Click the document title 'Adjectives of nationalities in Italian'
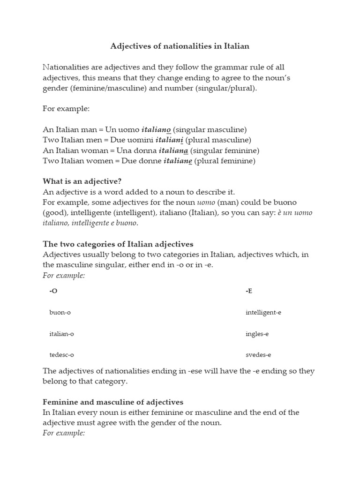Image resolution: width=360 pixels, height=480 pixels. [x=180, y=46]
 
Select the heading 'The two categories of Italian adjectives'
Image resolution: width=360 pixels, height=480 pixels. [x=118, y=244]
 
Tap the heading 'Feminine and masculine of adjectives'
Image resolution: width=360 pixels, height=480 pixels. [x=113, y=402]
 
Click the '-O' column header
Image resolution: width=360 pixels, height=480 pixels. [x=53, y=291]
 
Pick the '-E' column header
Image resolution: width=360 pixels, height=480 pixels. [x=249, y=291]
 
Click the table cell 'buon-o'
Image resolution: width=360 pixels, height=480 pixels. [x=60, y=313]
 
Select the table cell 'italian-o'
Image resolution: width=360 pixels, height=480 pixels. [x=61, y=334]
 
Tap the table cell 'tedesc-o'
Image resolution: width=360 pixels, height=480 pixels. [x=62, y=355]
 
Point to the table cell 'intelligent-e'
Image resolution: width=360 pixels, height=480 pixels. [x=263, y=313]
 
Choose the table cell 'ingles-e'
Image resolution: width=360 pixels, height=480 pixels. [x=257, y=334]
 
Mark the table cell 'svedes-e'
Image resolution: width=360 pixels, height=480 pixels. [x=258, y=355]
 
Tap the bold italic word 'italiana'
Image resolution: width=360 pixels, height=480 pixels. [x=173, y=150]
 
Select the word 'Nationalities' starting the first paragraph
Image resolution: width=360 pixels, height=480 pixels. [x=66, y=67]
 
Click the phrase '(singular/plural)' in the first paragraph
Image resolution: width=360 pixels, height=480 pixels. [x=228, y=88]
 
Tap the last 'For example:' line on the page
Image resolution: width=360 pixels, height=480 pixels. [x=64, y=433]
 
